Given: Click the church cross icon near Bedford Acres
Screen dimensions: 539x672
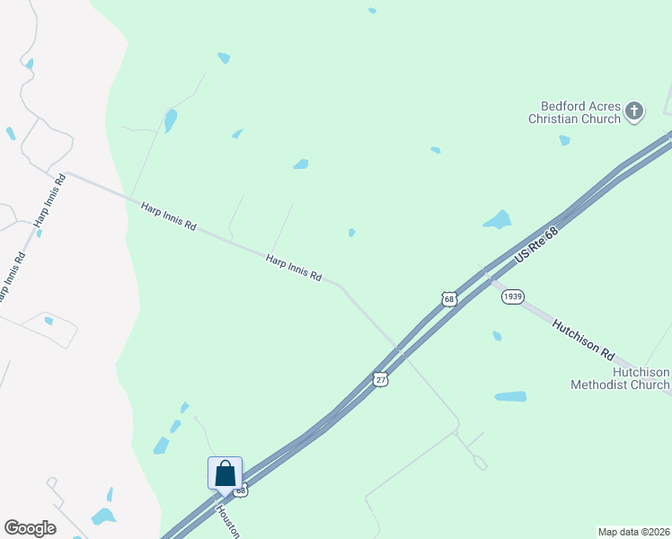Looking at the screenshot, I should (x=634, y=111).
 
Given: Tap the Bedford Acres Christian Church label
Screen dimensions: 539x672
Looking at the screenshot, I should (x=575, y=112).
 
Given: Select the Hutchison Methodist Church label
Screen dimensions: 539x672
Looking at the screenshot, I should (x=620, y=378).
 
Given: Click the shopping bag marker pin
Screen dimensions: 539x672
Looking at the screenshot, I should (x=225, y=474).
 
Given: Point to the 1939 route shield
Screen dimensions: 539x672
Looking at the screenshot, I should (x=513, y=296).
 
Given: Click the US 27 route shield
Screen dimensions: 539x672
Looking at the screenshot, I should (x=382, y=380).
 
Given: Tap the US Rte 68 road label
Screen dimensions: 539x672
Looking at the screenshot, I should (x=537, y=244).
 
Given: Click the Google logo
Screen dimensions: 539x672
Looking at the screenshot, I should (x=30, y=528).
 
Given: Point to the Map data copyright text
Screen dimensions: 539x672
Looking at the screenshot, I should (x=633, y=531).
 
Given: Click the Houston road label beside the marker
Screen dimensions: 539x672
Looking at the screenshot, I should (x=226, y=520).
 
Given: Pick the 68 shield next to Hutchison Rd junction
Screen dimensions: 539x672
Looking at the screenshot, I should (x=449, y=298).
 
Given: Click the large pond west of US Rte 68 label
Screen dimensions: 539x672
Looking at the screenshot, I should (x=497, y=219).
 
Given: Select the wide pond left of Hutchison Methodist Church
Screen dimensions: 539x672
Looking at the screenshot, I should (x=510, y=396).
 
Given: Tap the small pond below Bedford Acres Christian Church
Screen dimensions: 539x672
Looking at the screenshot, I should (x=564, y=140).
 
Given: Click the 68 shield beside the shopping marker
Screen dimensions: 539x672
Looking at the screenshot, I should (x=240, y=490).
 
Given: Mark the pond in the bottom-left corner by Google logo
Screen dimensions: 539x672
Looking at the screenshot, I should (x=103, y=517).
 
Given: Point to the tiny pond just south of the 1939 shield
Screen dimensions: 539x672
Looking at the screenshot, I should (x=497, y=336).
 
